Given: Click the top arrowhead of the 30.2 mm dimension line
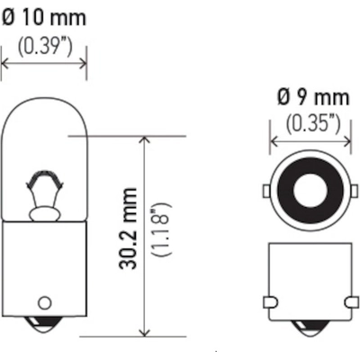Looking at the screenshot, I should coord(145,139).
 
